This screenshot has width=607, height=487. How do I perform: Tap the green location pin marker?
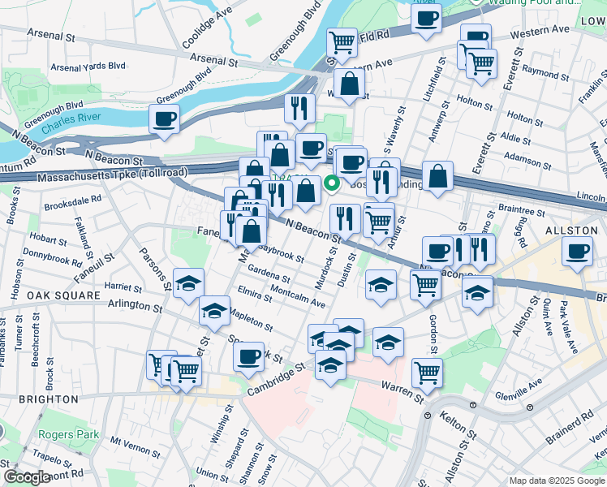pos(331,183)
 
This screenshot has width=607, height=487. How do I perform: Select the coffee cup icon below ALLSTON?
pos(578,252)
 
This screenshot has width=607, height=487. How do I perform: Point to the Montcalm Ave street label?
pos(297,296)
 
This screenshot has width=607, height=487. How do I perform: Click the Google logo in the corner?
pos(26,477)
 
